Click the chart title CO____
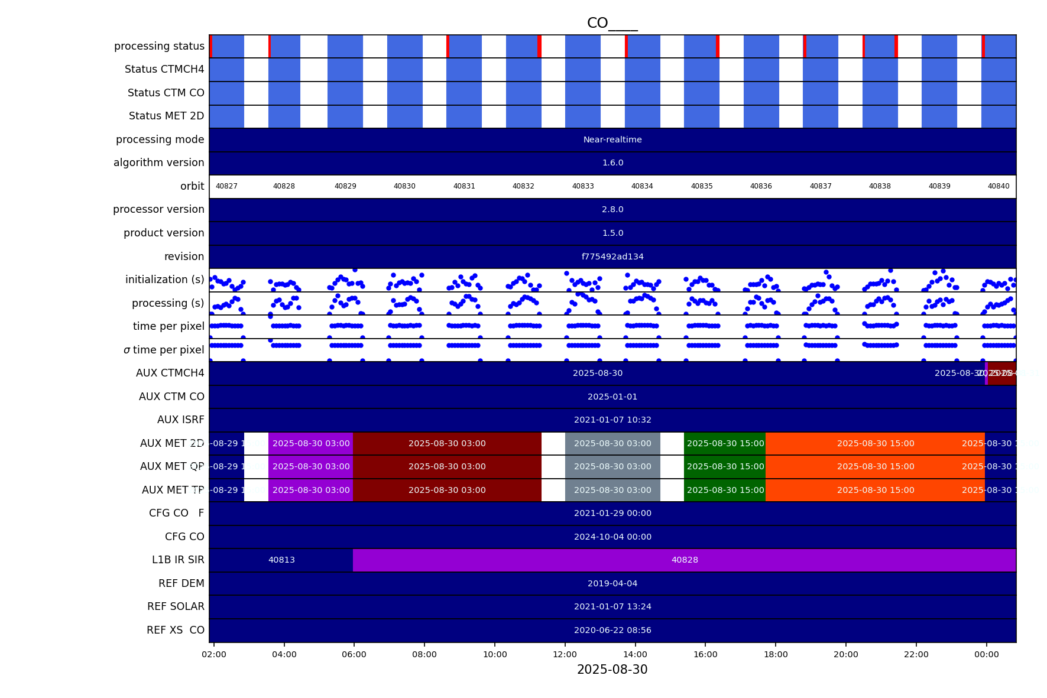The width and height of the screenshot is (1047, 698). [x=612, y=24]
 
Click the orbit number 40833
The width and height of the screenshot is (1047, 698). [x=583, y=186]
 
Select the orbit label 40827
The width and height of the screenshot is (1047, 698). [x=226, y=186]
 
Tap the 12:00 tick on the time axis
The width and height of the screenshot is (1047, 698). [x=565, y=654]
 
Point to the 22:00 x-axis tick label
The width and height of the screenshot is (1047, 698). [x=916, y=654]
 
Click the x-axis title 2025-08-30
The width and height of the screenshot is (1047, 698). [x=612, y=670]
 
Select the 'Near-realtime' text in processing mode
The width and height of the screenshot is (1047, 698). [x=612, y=140]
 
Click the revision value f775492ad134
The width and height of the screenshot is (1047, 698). [x=612, y=257]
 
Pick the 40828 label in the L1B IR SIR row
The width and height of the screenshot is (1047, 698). [x=685, y=560]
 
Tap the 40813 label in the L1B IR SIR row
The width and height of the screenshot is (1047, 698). [x=281, y=560]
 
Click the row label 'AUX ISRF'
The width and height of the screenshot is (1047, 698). [x=180, y=420]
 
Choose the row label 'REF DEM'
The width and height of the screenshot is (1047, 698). [x=181, y=583]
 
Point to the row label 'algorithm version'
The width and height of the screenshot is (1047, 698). [x=158, y=163]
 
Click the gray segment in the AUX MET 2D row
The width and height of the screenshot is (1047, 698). [x=612, y=443]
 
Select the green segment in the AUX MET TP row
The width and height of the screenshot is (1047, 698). [x=725, y=490]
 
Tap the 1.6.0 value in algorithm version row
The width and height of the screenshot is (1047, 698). [x=612, y=163]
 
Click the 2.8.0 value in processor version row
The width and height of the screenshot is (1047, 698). [x=612, y=209]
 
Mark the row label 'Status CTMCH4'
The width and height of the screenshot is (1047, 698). [x=164, y=69]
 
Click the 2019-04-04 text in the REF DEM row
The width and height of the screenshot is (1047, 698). [x=612, y=583]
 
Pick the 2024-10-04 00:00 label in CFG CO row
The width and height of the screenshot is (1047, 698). [x=612, y=537]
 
